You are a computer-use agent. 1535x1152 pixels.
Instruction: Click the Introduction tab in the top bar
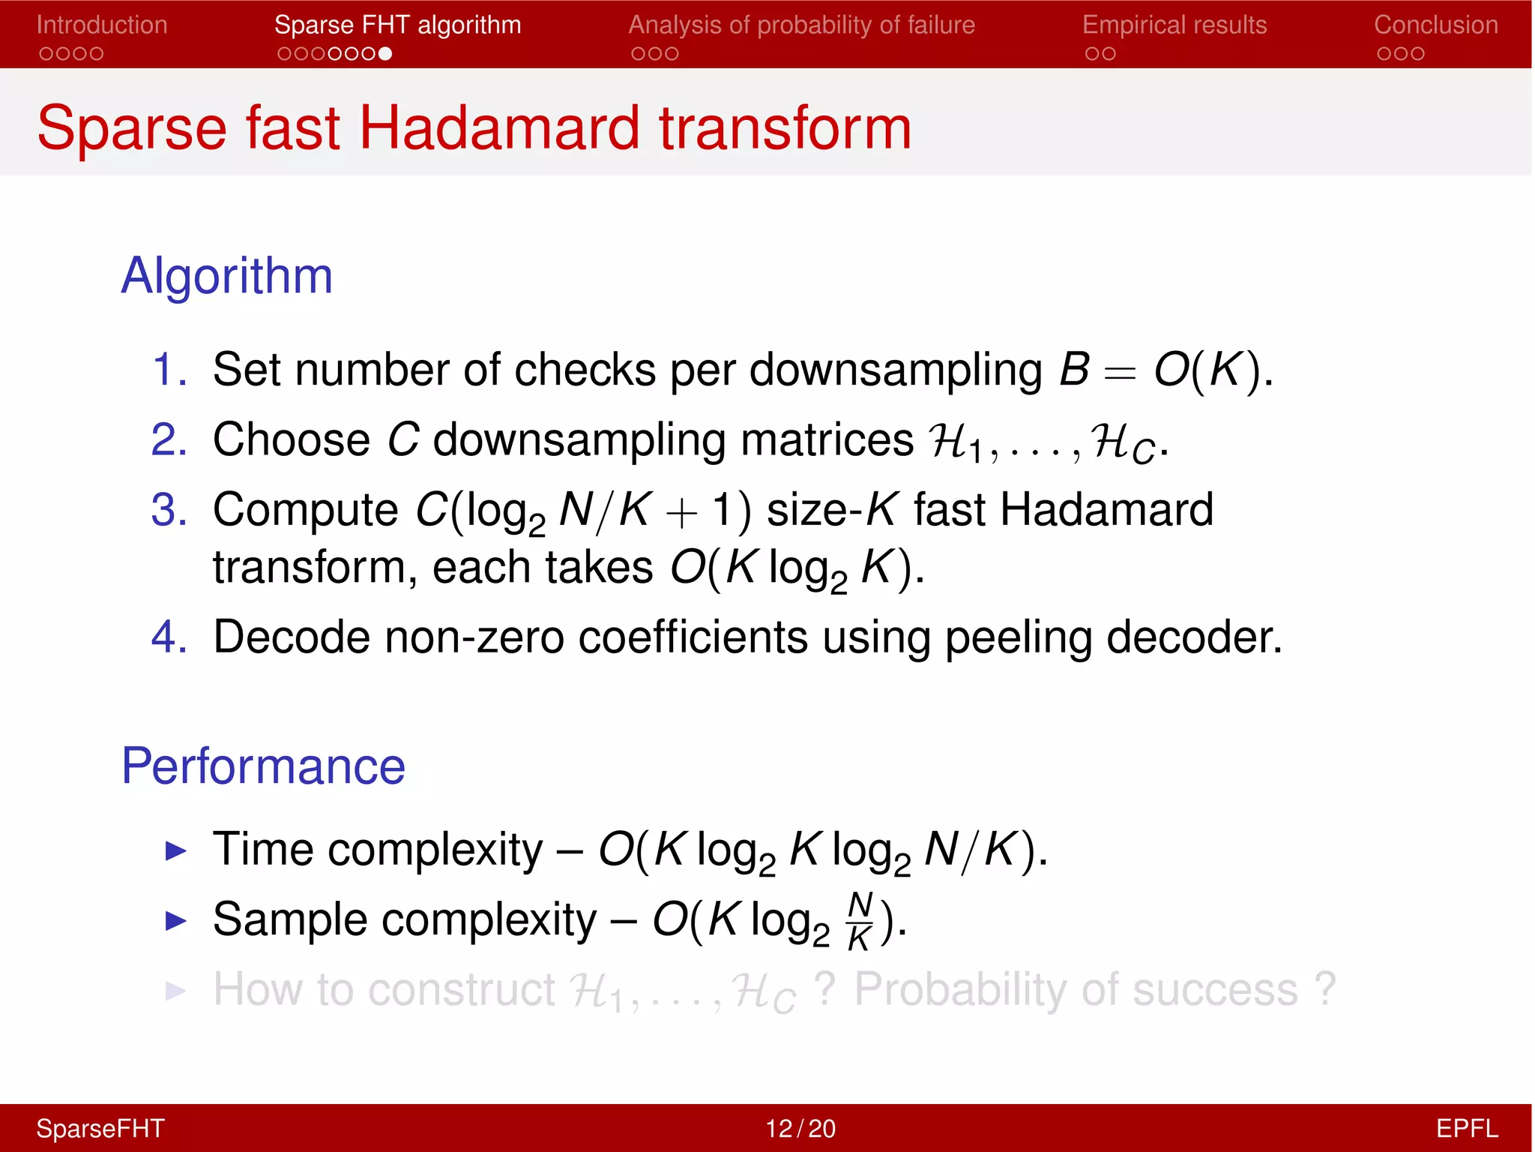[x=102, y=25]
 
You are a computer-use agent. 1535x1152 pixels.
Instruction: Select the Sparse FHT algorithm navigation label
[x=397, y=25]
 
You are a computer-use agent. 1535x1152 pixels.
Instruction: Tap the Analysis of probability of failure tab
[x=801, y=25]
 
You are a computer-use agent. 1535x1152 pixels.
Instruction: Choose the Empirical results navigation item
[x=1174, y=25]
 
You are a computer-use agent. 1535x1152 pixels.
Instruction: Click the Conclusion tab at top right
[x=1435, y=25]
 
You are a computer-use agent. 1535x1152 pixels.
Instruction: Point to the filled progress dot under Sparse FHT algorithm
[x=385, y=54]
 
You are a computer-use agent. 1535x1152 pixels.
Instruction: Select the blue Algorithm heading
[x=226, y=275]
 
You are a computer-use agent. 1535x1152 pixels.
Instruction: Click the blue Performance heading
[x=263, y=766]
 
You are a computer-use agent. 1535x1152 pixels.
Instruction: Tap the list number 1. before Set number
[x=169, y=370]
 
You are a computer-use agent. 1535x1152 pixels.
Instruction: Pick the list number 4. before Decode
[x=169, y=637]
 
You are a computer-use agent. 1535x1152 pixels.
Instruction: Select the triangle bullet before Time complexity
[x=175, y=850]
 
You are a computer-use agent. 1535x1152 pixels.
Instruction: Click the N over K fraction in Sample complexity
[x=860, y=921]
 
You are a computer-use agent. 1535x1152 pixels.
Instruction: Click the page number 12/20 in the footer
[x=800, y=1128]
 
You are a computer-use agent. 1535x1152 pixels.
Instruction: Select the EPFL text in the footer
[x=1467, y=1128]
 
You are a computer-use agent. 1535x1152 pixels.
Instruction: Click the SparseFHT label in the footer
[x=100, y=1128]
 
